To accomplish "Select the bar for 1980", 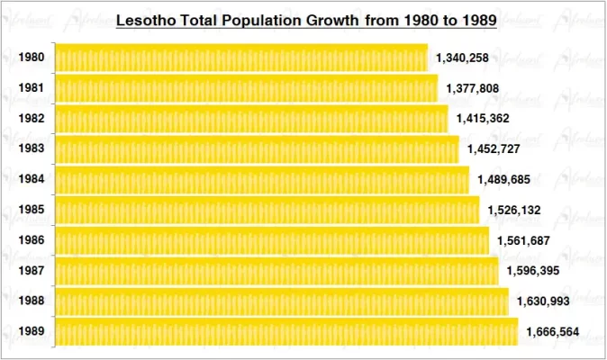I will pos(241,58).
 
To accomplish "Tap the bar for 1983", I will pos(257,148).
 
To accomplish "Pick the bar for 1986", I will pos(272,240).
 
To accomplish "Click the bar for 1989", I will pos(286,331).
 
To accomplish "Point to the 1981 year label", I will pos(31,88).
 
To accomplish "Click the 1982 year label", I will pos(31,118).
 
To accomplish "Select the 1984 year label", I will pos(31,179).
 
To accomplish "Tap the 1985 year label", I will pos(31,210).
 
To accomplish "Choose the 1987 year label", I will pos(31,271).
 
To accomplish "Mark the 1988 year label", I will pos(31,301).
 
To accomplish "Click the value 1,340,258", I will pos(462,58).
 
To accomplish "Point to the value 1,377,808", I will pos(472,88).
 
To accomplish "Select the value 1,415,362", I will pos(483,118).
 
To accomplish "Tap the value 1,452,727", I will pos(494,148).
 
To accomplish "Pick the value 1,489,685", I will pos(503,179).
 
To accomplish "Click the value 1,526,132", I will pos(514,210).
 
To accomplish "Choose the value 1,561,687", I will pos(523,240).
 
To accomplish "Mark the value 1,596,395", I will pos(533,270).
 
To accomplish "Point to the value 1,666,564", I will pos(553,331).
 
